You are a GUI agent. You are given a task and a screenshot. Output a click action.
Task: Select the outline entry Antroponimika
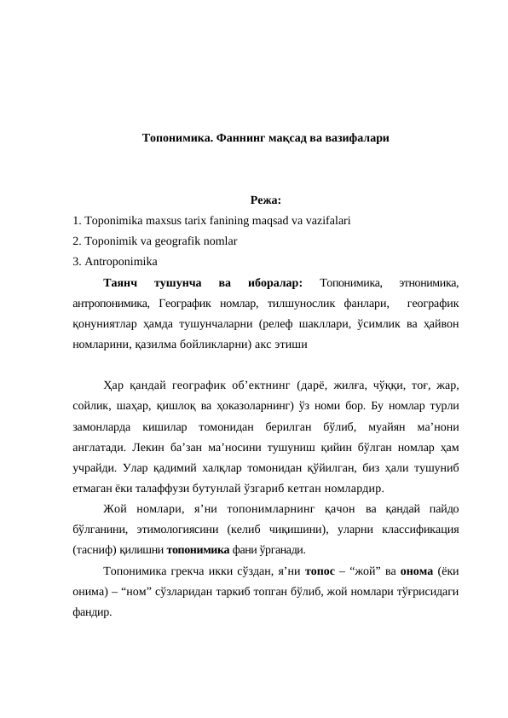[118, 262]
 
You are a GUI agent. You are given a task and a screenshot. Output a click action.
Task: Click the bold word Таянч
[120, 282]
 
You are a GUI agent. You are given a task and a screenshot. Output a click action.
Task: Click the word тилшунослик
[298, 303]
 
